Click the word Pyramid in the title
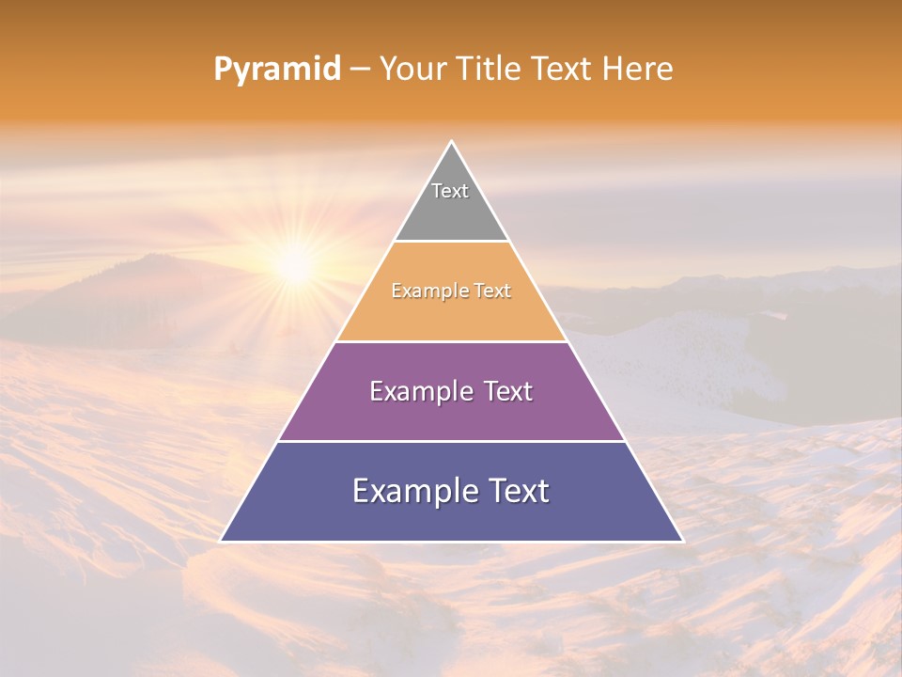coord(276,70)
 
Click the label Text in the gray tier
coord(450,191)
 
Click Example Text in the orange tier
coord(451,291)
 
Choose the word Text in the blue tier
coord(514,491)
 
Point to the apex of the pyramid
coord(451,142)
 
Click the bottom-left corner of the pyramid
coord(222,541)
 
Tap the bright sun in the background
coord(295,266)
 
